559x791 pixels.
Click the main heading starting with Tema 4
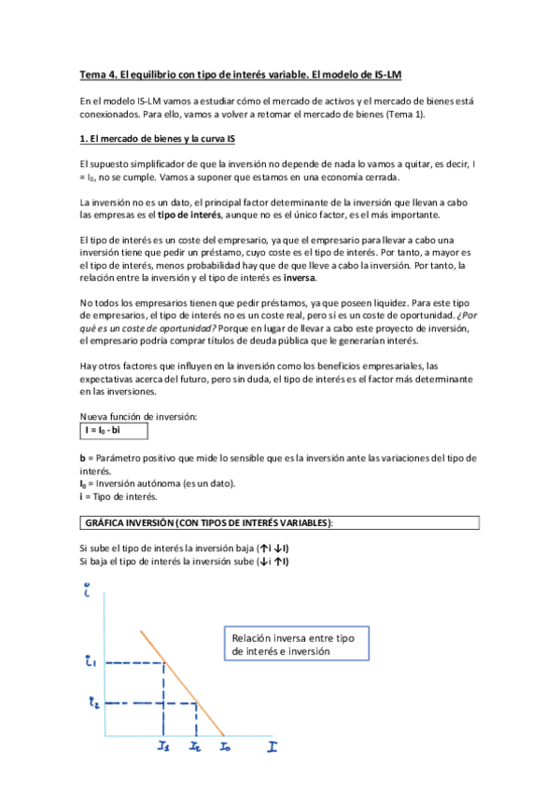click(242, 74)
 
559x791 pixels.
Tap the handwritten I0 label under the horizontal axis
click(226, 747)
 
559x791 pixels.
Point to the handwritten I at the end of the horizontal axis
click(273, 747)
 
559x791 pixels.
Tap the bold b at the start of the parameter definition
click(82, 457)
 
